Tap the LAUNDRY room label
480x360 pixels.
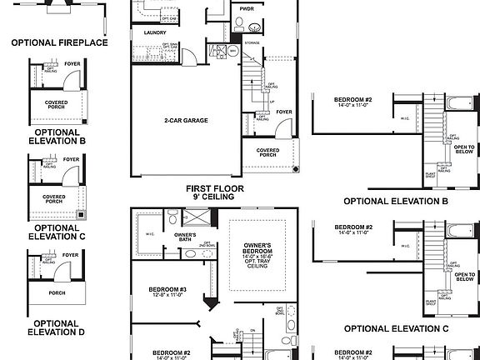click(155, 33)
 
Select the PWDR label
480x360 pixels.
click(246, 9)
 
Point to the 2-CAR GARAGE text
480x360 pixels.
click(186, 120)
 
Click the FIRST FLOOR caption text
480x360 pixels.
click(215, 189)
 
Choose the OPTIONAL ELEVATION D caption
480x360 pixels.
click(57, 327)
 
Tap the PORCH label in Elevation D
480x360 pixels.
click(57, 292)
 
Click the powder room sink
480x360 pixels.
click(254, 27)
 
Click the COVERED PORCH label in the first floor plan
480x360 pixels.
click(267, 152)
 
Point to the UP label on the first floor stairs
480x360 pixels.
click(272, 102)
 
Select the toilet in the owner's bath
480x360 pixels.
click(172, 218)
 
